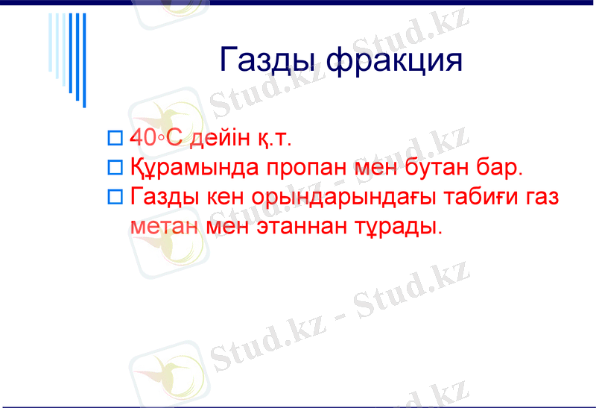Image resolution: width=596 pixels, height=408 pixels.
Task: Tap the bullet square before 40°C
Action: (114, 138)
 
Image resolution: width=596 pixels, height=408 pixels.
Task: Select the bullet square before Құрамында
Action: (114, 168)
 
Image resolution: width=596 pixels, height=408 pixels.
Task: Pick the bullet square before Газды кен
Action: (114, 198)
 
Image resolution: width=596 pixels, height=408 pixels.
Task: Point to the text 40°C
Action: (156, 138)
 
